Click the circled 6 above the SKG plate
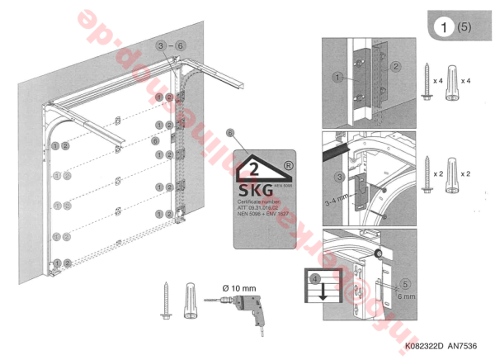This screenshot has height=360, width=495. [230, 133]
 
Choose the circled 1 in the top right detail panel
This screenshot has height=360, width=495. [338, 78]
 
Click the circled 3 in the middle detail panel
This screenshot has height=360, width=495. [339, 176]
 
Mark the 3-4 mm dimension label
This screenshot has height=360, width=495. [336, 199]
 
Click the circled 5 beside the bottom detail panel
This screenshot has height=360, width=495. [405, 282]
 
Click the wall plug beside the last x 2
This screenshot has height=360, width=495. [453, 181]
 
